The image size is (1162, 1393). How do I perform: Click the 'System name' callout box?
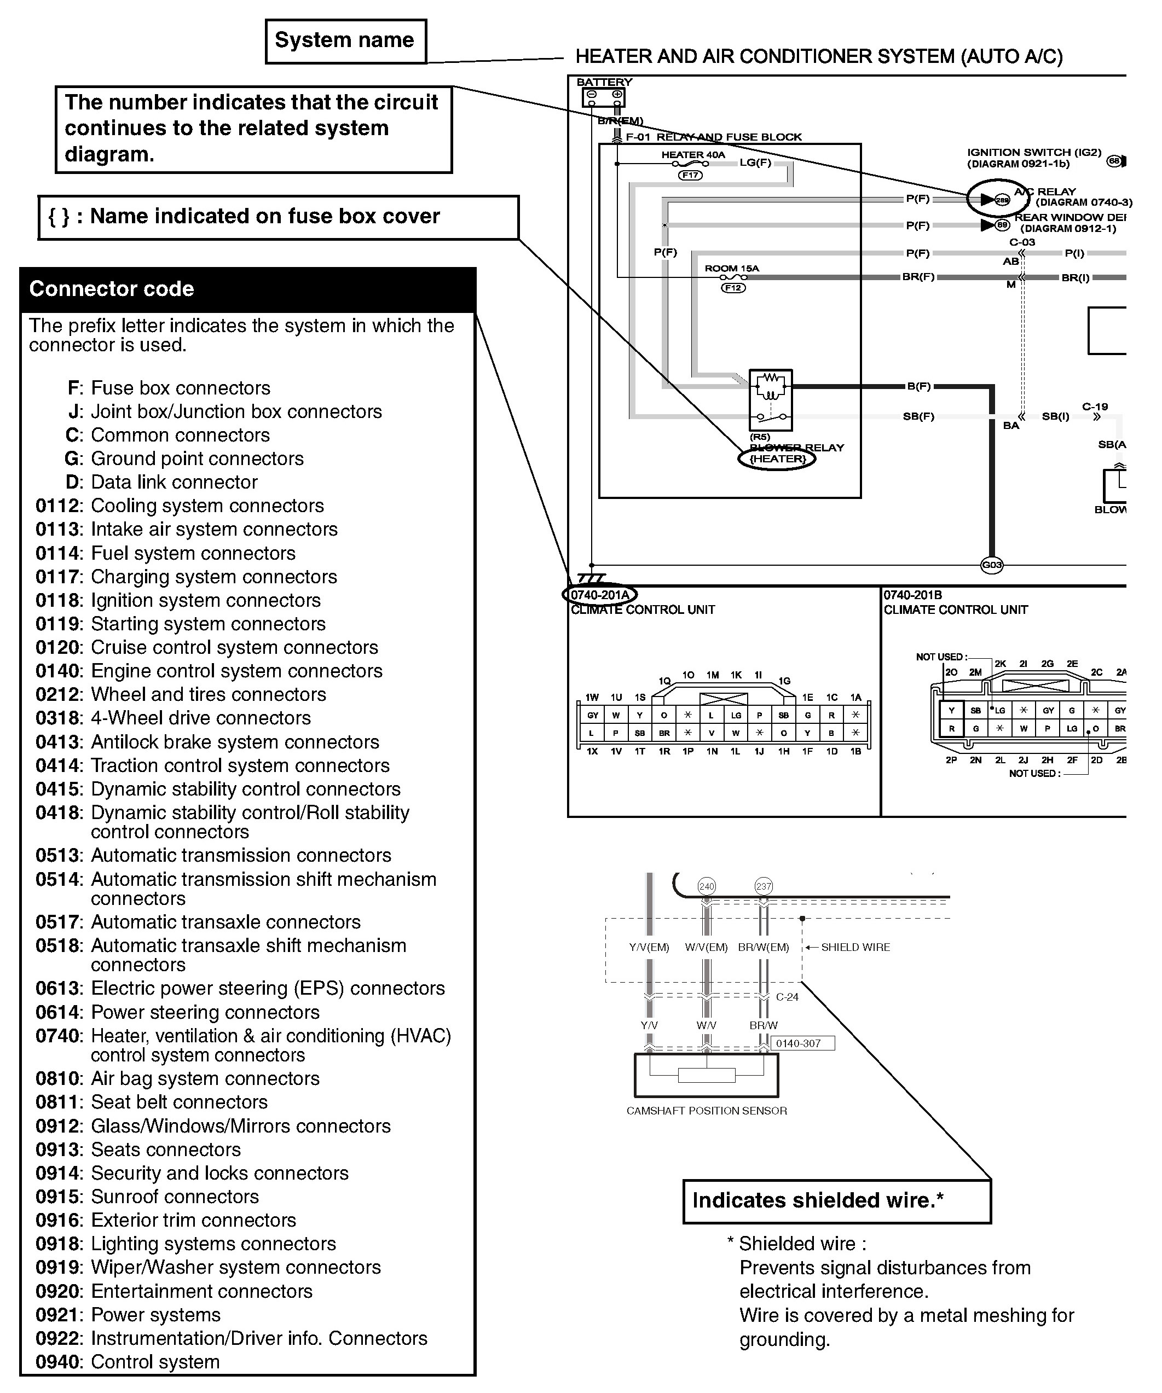click(x=345, y=41)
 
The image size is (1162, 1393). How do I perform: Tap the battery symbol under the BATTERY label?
click(x=603, y=97)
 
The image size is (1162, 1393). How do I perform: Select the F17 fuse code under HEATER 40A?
click(x=690, y=175)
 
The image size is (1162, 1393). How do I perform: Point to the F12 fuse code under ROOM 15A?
click(x=733, y=288)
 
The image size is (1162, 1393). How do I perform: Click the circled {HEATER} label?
click(x=777, y=458)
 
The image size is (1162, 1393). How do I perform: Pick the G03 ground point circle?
click(x=991, y=565)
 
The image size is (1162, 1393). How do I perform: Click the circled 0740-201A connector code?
click(x=600, y=594)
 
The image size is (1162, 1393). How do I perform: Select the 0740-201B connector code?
click(x=912, y=595)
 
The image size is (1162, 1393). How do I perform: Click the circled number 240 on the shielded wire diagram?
click(x=707, y=886)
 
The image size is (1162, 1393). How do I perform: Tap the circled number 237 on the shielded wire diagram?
click(x=764, y=886)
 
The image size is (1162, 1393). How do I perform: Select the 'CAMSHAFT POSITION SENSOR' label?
click(x=707, y=1111)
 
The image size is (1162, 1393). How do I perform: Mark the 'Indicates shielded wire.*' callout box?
click(x=836, y=1200)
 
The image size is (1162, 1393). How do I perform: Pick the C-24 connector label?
click(x=787, y=997)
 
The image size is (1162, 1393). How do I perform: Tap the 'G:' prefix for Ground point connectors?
click(x=74, y=458)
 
